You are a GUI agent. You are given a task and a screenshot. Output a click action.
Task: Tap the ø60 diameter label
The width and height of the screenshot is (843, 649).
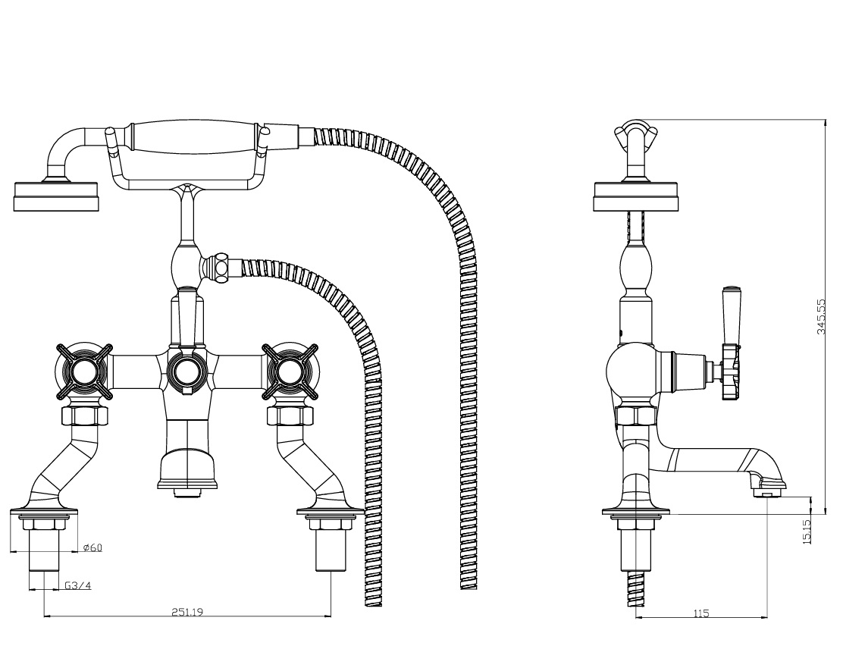coord(92,548)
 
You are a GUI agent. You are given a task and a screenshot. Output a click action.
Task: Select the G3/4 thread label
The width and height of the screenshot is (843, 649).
coord(77,585)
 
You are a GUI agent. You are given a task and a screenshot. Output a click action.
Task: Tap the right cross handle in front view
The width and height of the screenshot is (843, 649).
coord(289,371)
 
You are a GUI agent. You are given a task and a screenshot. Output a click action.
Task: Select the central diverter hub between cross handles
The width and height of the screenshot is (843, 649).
coord(185,371)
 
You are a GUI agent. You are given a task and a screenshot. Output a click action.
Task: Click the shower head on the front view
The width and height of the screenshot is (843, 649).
coord(57,196)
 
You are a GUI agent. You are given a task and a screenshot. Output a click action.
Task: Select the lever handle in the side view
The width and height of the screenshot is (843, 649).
coord(732,315)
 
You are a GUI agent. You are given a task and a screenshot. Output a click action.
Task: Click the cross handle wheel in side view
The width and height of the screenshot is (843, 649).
coord(730,372)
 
